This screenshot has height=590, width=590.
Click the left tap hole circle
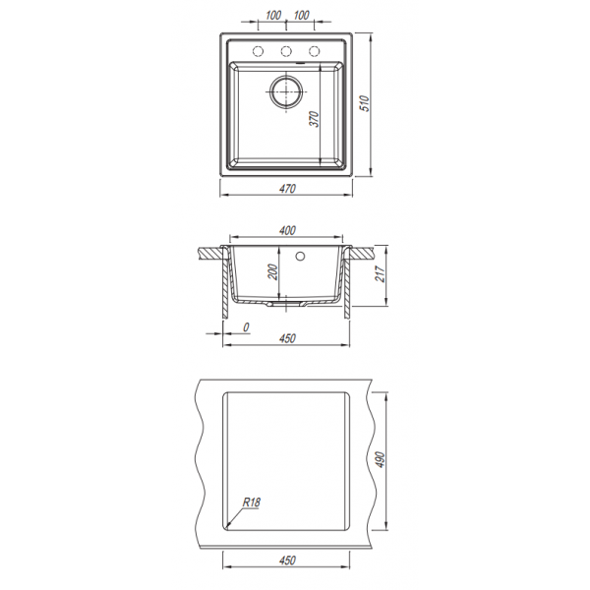pyautogui.click(x=258, y=51)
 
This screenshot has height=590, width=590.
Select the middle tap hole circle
pyautogui.click(x=286, y=51)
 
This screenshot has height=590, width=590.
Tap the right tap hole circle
pyautogui.click(x=315, y=51)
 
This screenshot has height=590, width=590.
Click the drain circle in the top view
pyautogui.click(x=286, y=91)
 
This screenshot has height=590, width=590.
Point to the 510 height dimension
pyautogui.click(x=365, y=103)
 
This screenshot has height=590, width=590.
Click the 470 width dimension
pyautogui.click(x=287, y=189)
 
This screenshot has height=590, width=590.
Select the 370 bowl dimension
pyautogui.click(x=315, y=119)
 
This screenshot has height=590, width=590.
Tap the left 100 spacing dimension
pyautogui.click(x=273, y=16)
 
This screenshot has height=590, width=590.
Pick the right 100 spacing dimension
pyautogui.click(x=301, y=16)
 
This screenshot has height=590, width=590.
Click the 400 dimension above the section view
pyautogui.click(x=287, y=230)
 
